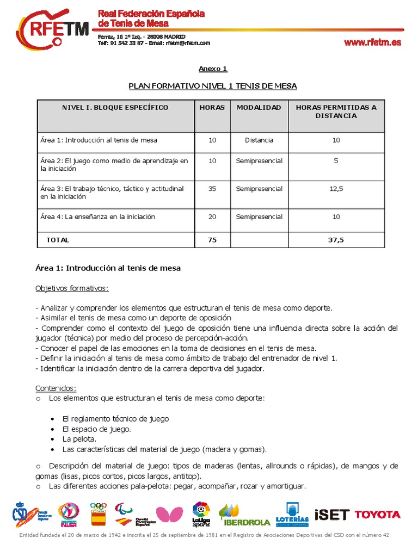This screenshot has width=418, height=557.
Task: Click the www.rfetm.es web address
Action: [372, 43]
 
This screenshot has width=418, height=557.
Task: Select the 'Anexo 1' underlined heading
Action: [212, 69]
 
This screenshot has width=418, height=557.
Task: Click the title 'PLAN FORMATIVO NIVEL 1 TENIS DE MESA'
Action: [212, 86]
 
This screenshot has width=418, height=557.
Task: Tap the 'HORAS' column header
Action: [212, 108]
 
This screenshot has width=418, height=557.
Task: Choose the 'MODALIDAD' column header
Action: [259, 108]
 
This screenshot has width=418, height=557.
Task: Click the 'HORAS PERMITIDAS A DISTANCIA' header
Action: [336, 112]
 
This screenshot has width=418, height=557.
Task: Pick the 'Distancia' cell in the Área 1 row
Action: [259, 140]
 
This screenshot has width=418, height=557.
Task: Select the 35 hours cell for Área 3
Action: [212, 189]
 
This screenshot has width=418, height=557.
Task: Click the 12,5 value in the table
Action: [336, 189]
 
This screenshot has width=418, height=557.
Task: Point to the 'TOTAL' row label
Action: [58, 239]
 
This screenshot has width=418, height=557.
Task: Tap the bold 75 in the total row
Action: [212, 239]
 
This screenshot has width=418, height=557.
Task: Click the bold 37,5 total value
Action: [336, 239]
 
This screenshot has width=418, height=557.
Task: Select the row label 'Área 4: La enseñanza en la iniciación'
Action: [97, 216]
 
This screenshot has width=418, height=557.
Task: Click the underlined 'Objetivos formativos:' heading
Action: [72, 288]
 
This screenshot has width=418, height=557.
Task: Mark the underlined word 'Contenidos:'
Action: [56, 388]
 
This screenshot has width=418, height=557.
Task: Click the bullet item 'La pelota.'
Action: [79, 439]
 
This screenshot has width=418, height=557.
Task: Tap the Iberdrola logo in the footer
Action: [244, 515]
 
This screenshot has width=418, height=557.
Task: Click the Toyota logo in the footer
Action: [377, 515]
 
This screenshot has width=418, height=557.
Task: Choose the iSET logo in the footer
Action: [331, 515]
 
